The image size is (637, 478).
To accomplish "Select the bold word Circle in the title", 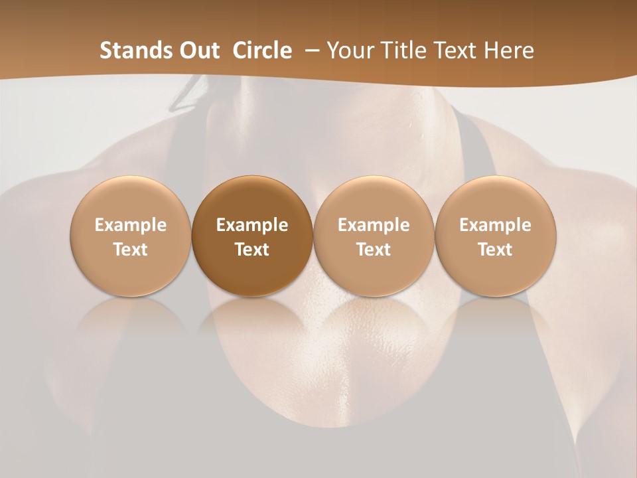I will point(262,50).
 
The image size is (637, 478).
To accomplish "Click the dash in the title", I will point(309,50).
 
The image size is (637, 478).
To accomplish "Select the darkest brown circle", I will point(252,235).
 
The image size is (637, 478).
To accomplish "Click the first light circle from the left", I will point(131,235).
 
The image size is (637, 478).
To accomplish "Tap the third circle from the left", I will point(374,235).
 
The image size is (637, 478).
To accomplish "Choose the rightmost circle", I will point(495,235).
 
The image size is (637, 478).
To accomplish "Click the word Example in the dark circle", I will point(252,225).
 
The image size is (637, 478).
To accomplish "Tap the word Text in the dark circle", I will point(252,250).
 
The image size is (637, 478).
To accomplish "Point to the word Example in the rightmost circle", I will point(495,225).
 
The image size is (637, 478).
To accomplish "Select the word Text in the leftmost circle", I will point(131,250).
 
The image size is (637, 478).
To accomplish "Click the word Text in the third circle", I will point(374,250).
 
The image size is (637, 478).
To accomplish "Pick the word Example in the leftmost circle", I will point(131,225).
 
